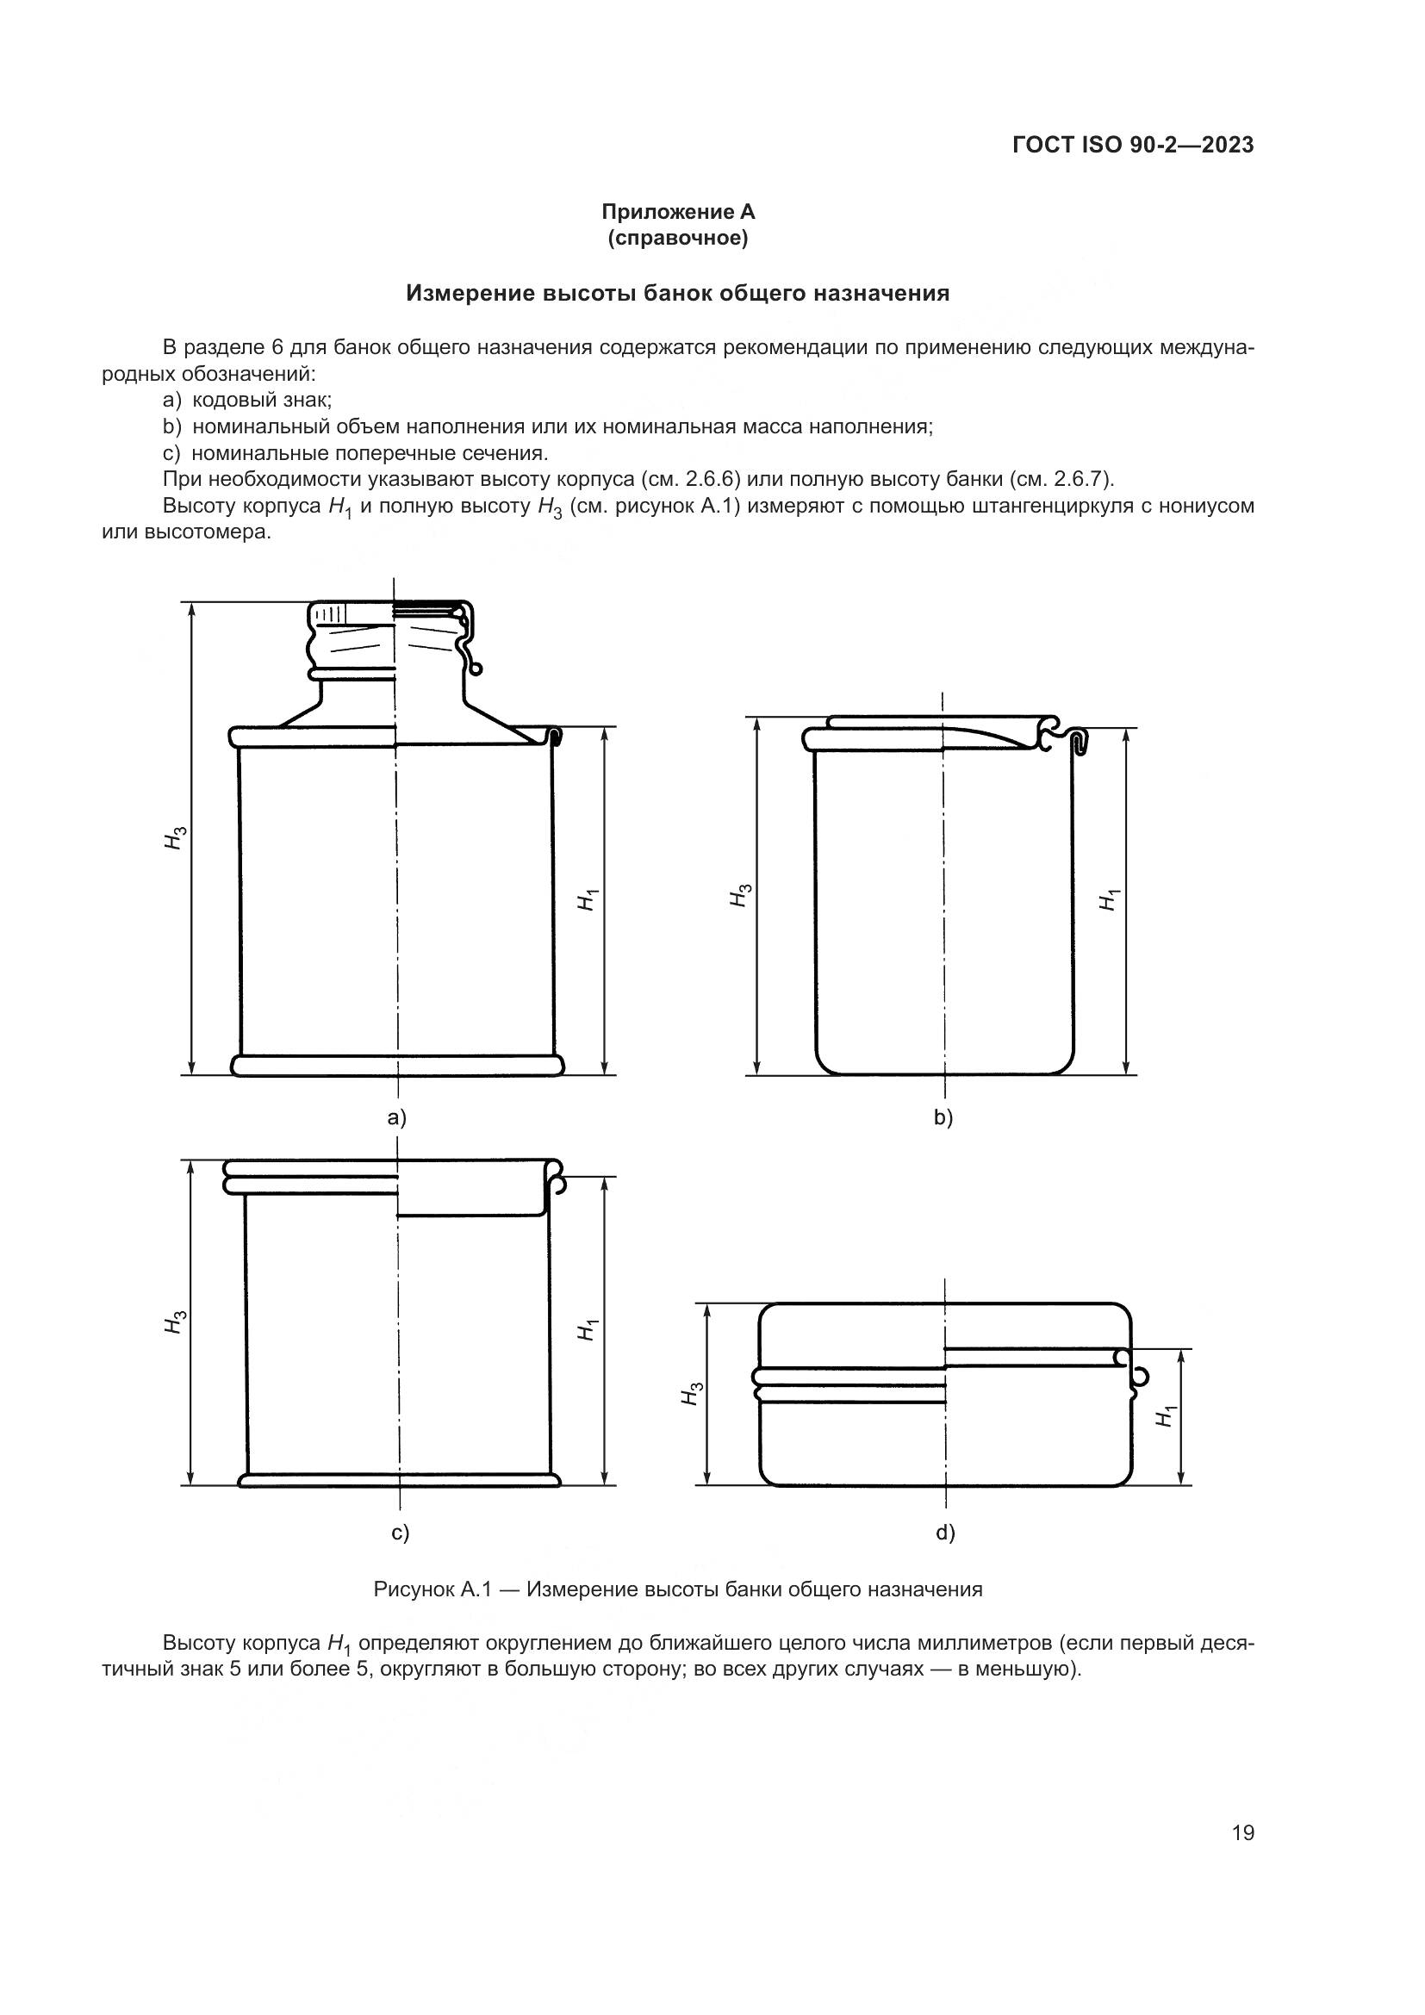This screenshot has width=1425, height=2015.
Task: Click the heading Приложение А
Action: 677,212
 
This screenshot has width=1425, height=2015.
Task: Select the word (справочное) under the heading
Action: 677,238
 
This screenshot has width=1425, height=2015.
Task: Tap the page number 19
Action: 1242,1832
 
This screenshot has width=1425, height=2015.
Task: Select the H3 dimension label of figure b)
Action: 740,895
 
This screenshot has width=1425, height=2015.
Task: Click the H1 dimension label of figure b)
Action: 1109,899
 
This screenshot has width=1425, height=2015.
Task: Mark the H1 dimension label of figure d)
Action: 1165,1416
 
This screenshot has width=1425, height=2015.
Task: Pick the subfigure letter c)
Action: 400,1533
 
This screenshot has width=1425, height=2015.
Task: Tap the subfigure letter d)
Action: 945,1533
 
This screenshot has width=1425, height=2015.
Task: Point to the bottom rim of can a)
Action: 396,1066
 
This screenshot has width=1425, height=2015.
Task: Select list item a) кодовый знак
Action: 247,401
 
